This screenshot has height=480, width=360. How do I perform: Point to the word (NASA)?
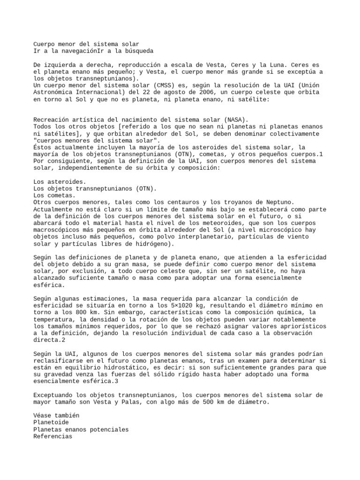(x=237, y=120)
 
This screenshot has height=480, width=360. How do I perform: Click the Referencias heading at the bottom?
(x=53, y=436)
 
